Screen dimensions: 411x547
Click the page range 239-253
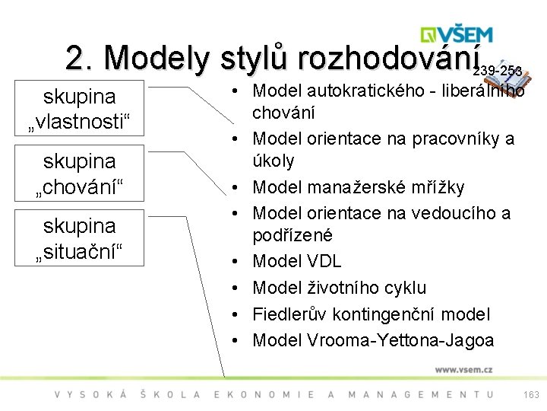(x=497, y=71)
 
